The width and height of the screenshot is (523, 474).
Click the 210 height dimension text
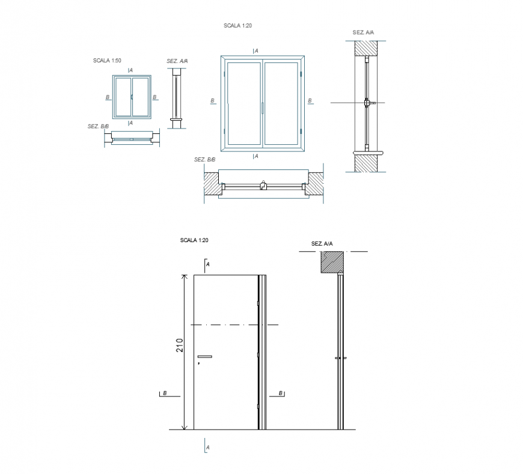click(179, 345)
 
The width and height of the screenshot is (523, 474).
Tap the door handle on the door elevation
click(205, 357)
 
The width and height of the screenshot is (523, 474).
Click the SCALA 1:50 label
click(107, 61)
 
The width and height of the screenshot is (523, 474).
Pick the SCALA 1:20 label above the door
click(194, 240)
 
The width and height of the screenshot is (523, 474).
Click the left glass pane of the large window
click(243, 103)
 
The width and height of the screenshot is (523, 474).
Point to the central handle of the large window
click(263, 108)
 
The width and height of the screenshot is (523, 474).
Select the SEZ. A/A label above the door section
click(322, 244)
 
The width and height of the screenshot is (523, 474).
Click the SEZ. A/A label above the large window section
click(363, 32)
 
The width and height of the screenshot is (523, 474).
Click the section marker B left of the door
click(164, 393)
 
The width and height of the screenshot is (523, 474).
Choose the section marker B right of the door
click(281, 393)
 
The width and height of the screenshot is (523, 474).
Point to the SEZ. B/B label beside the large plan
click(204, 160)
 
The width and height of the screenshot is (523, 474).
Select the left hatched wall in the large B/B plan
click(210, 183)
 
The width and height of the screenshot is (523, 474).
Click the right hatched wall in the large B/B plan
click(315, 183)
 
